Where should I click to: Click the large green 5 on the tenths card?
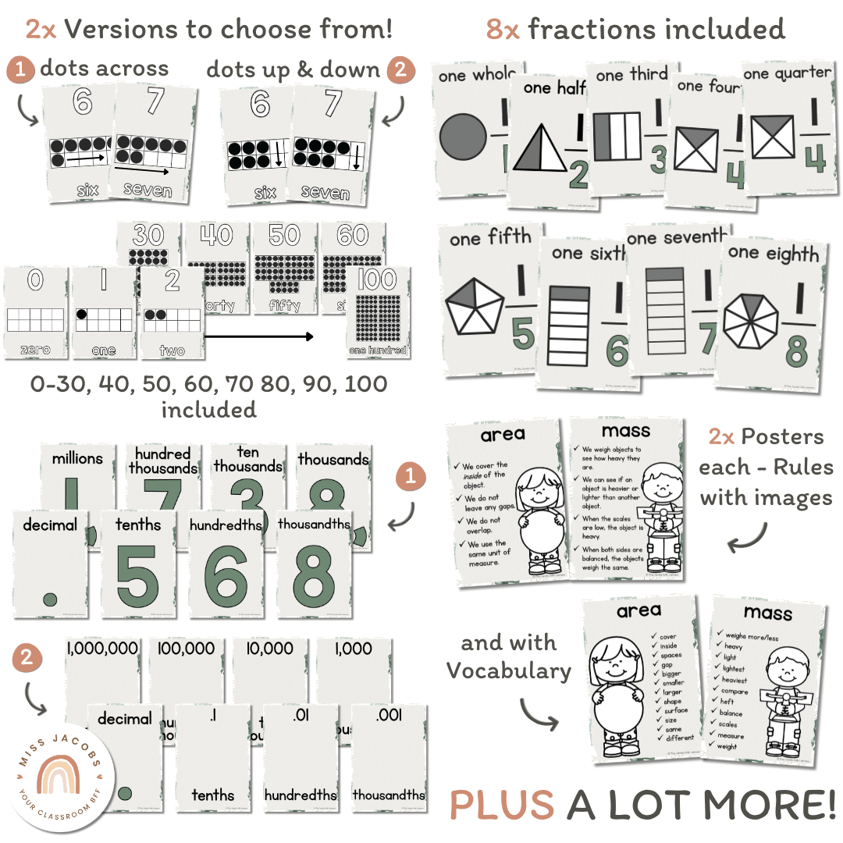click(x=137, y=578)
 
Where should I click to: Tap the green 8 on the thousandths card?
click(x=313, y=578)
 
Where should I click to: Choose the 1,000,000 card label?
click(x=103, y=649)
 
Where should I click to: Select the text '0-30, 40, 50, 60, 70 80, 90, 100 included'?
click(x=209, y=396)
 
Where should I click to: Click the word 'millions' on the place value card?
click(x=77, y=458)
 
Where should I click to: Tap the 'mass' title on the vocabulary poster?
click(x=767, y=613)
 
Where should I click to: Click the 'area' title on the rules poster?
click(x=503, y=434)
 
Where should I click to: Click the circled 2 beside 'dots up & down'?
click(x=400, y=69)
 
